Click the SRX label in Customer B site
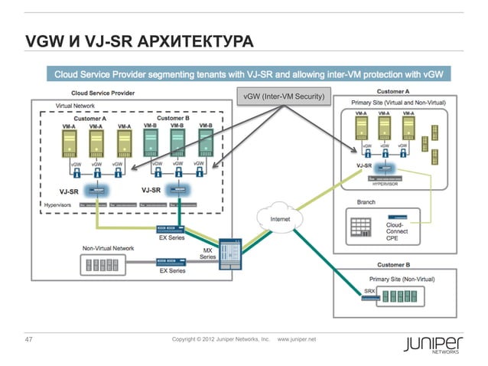click(x=368, y=290)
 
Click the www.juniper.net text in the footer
click(x=301, y=338)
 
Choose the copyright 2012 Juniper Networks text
click(x=221, y=338)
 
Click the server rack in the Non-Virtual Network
click(x=104, y=265)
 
